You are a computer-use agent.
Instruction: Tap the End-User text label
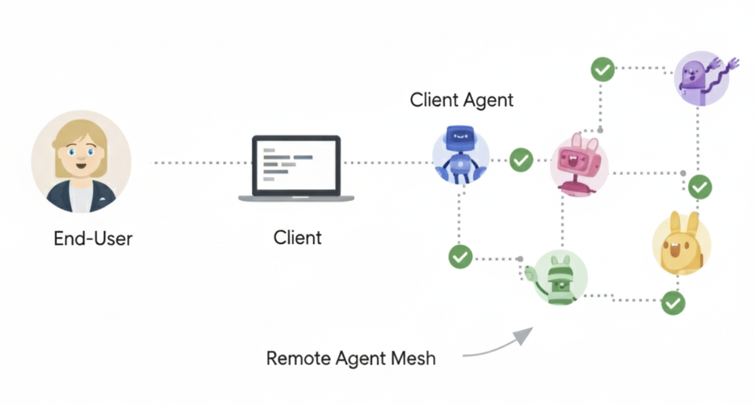pyautogui.click(x=93, y=238)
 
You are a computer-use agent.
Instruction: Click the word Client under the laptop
pyautogui.click(x=297, y=237)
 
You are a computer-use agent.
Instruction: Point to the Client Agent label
pyautogui.click(x=461, y=100)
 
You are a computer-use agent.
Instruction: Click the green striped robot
pyautogui.click(x=560, y=278)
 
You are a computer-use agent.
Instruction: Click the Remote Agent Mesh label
pyautogui.click(x=351, y=358)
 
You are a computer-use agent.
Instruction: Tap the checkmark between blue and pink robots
pyautogui.click(x=521, y=160)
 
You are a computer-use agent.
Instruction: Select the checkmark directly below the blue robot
pyautogui.click(x=460, y=257)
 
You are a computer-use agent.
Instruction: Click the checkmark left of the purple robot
pyautogui.click(x=602, y=69)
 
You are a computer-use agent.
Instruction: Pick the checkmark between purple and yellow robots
pyautogui.click(x=699, y=187)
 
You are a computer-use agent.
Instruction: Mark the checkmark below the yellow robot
pyautogui.click(x=673, y=303)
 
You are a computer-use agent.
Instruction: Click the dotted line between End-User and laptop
pyautogui.click(x=200, y=162)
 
